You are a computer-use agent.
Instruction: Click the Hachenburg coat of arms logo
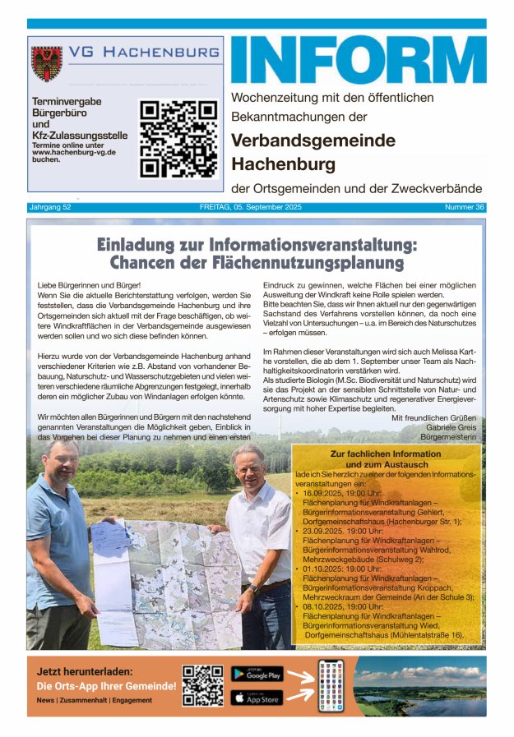tap(47, 64)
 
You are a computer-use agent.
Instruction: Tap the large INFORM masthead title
tap(358, 59)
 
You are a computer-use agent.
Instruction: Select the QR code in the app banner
tap(202, 686)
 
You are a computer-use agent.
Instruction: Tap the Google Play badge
tap(257, 674)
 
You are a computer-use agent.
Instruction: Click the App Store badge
tap(257, 698)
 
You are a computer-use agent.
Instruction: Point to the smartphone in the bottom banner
tap(331, 685)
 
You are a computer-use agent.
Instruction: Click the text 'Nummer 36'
tap(464, 207)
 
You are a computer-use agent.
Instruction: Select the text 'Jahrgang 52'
tap(50, 207)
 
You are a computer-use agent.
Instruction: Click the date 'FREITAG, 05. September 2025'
tap(257, 207)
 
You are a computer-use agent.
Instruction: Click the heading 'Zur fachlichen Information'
tap(386, 454)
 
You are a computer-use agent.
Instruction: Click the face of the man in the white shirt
tap(248, 466)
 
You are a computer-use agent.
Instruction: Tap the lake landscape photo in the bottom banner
tap(419, 685)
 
